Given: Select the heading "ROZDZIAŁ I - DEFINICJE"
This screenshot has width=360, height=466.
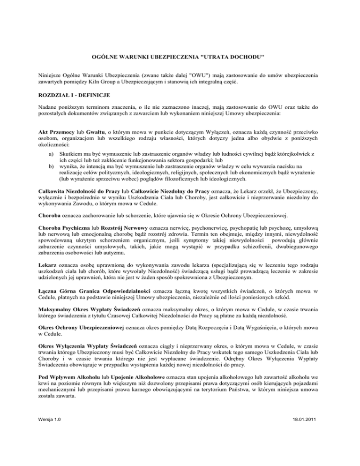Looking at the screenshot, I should pyautogui.click(x=75, y=95).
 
